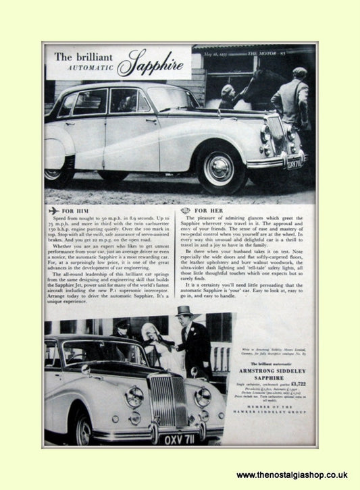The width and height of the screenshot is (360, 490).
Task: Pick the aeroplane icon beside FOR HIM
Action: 53,211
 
